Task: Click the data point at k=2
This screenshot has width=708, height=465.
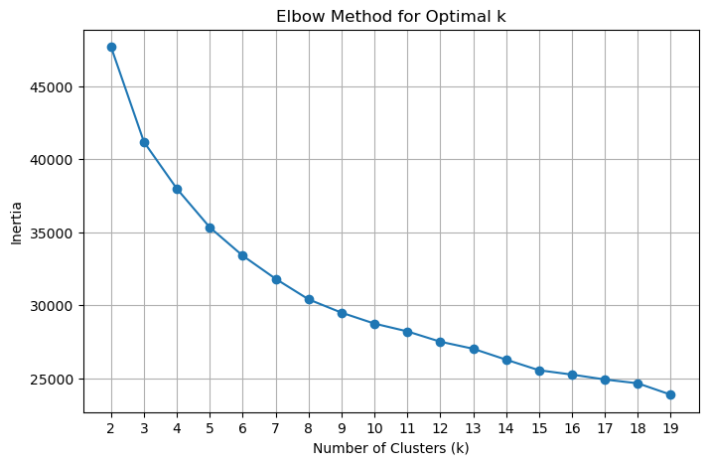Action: click(111, 47)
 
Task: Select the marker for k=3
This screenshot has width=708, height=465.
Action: click(144, 142)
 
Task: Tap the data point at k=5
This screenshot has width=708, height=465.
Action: click(210, 228)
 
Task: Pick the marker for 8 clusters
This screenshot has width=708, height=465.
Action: click(309, 299)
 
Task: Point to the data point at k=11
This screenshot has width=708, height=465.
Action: click(407, 332)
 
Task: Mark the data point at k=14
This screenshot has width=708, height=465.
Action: click(506, 360)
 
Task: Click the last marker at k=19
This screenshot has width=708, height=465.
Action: click(670, 394)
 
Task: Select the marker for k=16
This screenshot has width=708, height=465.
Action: click(572, 375)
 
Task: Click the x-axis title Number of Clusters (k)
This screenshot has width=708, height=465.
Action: click(390, 448)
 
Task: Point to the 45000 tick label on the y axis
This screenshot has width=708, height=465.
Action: click(53, 87)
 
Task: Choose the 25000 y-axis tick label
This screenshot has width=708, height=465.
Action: click(53, 380)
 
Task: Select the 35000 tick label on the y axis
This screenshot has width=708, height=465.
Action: click(53, 233)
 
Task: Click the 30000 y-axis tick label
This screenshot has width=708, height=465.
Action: click(53, 306)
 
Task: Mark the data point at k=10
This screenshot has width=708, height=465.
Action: click(374, 324)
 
